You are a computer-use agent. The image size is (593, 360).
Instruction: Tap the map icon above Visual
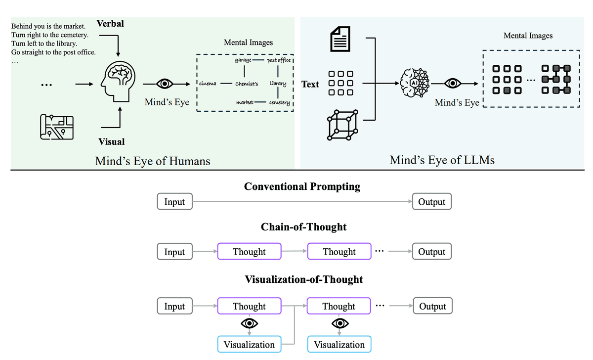point(55,127)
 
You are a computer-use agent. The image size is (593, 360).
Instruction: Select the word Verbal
point(110,23)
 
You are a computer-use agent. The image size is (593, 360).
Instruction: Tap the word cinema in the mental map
point(207,84)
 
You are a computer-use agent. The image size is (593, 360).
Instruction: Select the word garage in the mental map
point(243,60)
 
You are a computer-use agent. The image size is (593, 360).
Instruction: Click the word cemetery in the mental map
point(281,102)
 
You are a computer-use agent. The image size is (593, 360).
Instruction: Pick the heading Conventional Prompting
point(302,187)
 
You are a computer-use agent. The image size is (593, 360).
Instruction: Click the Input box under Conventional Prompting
point(174,202)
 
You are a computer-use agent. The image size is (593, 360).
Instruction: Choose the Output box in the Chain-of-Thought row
point(432,252)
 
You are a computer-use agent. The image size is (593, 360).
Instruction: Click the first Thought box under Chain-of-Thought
point(249,252)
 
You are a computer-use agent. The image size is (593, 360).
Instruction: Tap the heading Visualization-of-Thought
point(304,279)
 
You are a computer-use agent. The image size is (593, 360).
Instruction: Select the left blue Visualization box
point(249,345)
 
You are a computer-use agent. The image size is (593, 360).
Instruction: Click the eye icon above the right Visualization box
point(339,323)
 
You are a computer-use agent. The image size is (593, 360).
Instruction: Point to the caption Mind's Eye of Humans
point(153,161)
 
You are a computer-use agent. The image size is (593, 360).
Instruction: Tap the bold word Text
point(310,84)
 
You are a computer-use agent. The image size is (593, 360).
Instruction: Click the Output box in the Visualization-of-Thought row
point(432,306)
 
